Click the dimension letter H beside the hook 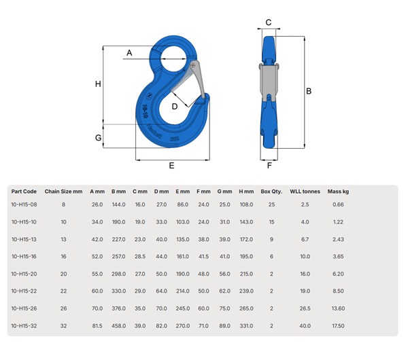[98, 84]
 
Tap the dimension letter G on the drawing [98, 138]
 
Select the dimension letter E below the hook [171, 165]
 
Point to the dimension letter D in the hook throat [175, 106]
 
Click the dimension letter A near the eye [129, 52]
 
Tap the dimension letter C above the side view [269, 22]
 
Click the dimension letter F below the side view [269, 165]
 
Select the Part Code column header [24, 192]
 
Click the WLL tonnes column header [305, 192]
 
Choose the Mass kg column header [338, 192]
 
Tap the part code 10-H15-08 [24, 204]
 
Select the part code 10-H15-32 [24, 325]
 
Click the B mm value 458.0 [118, 325]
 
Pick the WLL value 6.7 [305, 239]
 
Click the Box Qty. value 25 [271, 204]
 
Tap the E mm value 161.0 [182, 256]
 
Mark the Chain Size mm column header [63, 192]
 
